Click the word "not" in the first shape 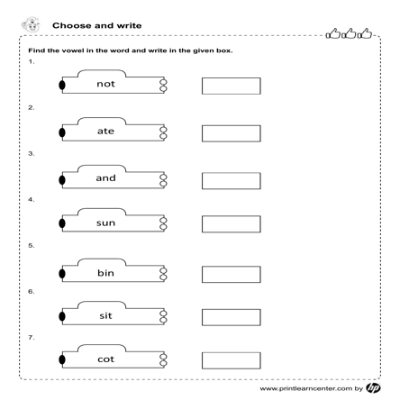coord(105,84)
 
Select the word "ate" coord(105,131)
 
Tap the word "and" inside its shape coord(105,178)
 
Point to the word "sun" coord(105,223)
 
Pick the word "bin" coord(105,273)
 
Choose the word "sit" coord(105,315)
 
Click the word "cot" coord(105,359)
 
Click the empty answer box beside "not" coord(232,86)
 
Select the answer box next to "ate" coord(232,133)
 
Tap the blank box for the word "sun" coord(232,224)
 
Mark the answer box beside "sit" coord(232,317)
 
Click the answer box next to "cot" coord(232,360)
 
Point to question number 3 coord(32,154)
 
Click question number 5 coord(32,246)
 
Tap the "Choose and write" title coord(97,25)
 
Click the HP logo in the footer coord(373,388)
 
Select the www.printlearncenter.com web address coord(306,388)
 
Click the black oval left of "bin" coord(62,274)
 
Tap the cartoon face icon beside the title coord(31,24)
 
